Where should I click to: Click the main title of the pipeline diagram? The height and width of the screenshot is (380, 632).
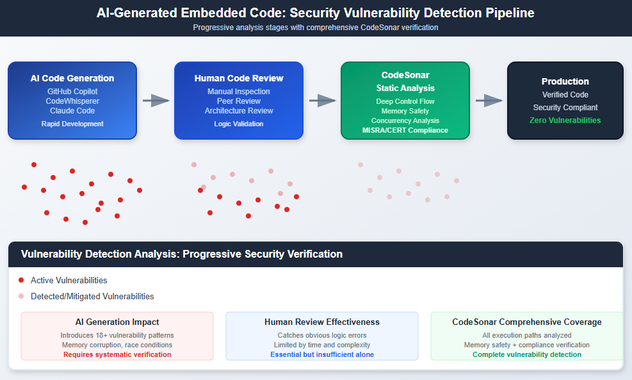point(316,13)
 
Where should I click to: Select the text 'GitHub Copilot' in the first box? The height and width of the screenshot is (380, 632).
point(72,92)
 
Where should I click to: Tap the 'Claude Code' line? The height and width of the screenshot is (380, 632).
point(72,111)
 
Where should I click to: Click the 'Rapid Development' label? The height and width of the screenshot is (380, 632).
point(72,124)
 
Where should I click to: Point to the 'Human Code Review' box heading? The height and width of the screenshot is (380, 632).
point(239,78)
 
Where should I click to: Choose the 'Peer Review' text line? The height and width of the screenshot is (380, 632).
point(239,101)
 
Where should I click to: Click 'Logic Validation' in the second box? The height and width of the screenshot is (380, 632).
point(239,124)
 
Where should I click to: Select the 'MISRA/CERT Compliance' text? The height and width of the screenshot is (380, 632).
point(405,130)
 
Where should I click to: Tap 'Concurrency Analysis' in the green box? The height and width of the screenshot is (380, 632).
point(405,120)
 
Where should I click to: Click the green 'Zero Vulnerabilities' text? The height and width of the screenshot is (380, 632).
point(565,120)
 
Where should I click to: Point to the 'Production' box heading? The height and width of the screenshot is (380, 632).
point(565,81)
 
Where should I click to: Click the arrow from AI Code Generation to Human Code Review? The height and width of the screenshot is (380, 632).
point(156,100)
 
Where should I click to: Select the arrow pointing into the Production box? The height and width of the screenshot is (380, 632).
point(489,100)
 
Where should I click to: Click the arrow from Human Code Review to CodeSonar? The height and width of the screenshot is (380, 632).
point(322,100)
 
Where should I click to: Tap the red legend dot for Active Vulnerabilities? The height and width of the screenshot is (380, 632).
point(21,280)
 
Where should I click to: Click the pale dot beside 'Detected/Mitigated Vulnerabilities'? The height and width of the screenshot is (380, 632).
point(21,296)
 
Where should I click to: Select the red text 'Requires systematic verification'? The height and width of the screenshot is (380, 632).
point(117,354)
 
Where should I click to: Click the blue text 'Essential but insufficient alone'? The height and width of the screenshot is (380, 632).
point(322,354)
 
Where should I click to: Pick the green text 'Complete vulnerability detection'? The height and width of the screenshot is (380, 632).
point(527,354)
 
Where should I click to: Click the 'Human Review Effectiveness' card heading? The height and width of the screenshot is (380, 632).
point(322,322)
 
